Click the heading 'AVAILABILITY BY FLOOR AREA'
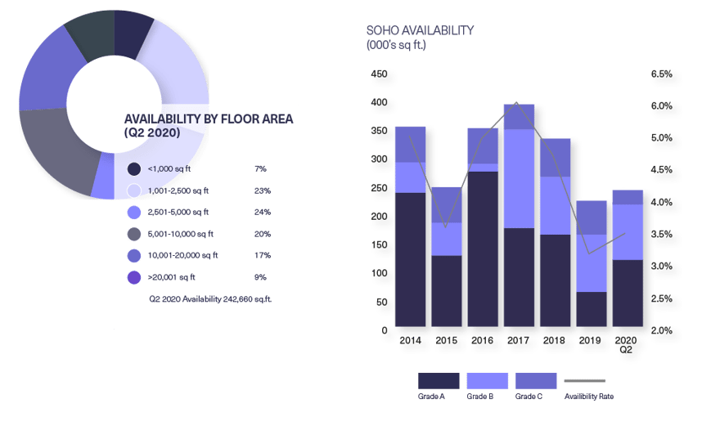coord(208,119)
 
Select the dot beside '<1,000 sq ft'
coord(133,168)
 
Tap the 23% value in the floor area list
coord(261,191)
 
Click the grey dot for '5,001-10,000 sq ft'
coord(133,235)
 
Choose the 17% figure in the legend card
coord(261,256)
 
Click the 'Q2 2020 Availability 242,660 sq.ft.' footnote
coord(210,299)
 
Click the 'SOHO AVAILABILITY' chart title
coord(420,30)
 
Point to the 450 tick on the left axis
coord(380,74)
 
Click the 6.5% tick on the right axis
coord(662,74)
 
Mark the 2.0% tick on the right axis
coord(662,330)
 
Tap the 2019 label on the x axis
coord(590,339)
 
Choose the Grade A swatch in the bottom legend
coord(439,380)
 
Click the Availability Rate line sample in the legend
coord(586,381)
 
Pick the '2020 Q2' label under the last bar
coord(626,344)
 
